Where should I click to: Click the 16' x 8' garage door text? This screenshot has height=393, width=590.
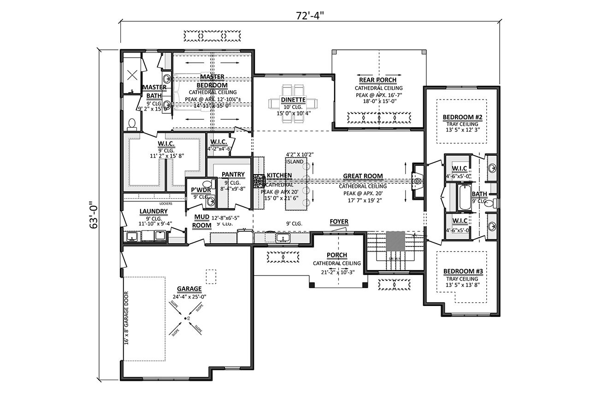tap(127, 318)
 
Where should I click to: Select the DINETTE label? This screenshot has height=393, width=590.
tap(293, 100)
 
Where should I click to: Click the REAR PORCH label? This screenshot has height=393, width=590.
tap(378, 80)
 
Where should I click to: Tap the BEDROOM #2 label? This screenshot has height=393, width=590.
tap(462, 117)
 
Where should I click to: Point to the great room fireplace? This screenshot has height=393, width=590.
tap(417, 181)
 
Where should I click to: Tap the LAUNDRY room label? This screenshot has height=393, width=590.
tap(153, 211)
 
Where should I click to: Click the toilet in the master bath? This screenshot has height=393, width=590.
tap(132, 123)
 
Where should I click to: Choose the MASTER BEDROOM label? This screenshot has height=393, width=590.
tap(212, 81)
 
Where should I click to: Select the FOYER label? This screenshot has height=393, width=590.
tap(339, 222)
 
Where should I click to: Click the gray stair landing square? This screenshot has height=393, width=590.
tap(395, 241)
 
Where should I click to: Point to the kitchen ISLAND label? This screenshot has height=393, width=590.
tap(295, 162)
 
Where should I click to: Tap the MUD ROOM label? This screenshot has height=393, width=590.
tap(202, 221)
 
